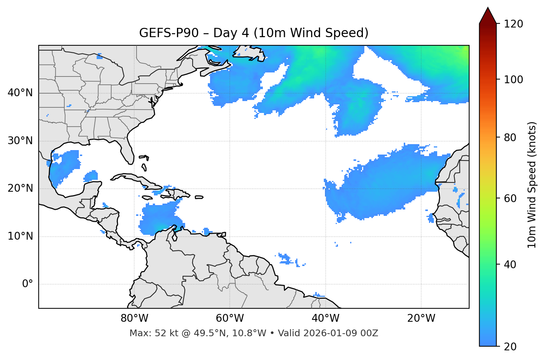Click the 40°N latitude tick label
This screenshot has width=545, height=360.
pos(20,93)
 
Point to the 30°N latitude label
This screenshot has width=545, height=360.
pos(20,141)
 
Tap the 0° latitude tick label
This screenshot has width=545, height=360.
pos(27,284)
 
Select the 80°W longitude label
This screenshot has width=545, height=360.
pos(134,318)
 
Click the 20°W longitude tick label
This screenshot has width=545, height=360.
pos(421,318)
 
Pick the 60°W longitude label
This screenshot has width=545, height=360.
pos(230,318)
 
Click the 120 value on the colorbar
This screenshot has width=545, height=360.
pos(513,24)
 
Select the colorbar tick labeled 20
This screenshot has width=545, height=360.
pos(510,347)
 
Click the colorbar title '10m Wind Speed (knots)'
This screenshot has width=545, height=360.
pos(532,185)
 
